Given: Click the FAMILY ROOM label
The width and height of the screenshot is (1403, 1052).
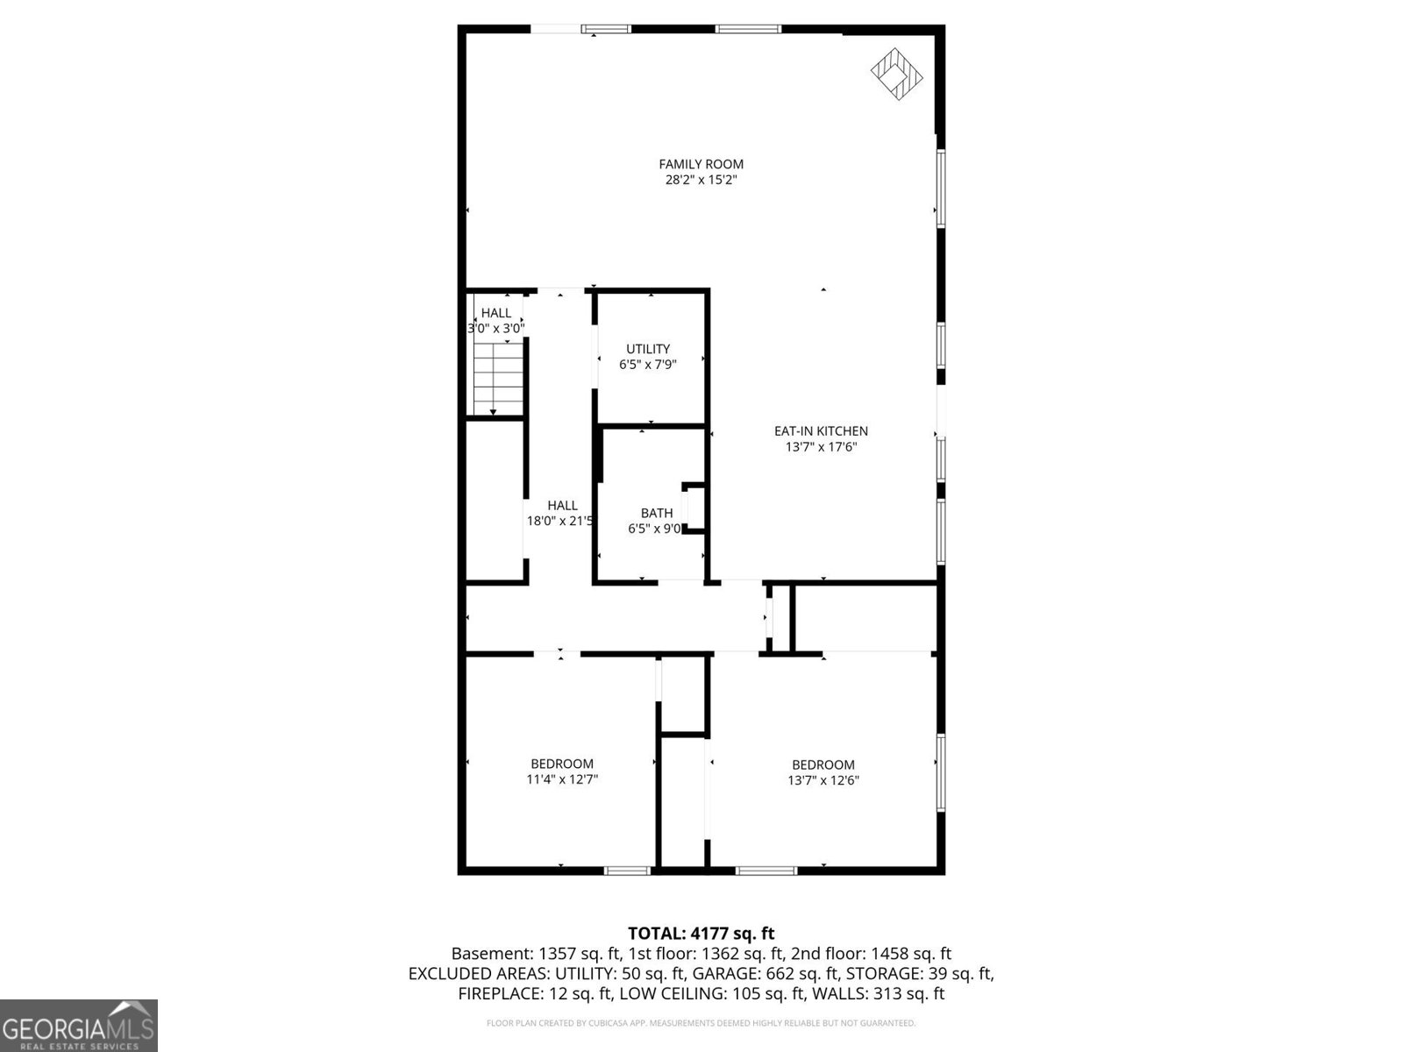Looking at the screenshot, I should (701, 164).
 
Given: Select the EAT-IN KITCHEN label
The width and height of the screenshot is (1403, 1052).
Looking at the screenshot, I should (820, 430).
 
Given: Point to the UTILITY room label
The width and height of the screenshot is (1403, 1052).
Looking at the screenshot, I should (648, 349).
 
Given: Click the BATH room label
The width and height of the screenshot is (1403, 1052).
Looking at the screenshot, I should (656, 513).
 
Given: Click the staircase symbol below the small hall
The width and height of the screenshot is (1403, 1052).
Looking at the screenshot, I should (498, 379).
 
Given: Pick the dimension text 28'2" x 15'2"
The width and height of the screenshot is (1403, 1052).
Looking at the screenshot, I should (701, 181).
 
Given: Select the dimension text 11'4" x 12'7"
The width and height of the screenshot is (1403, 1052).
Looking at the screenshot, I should (561, 779).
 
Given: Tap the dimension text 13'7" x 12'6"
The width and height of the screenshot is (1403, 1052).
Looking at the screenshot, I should (823, 780).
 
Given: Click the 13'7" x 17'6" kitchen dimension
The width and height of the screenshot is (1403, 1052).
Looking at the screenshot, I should (820, 447).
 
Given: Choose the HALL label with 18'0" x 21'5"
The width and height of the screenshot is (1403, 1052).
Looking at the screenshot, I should (562, 505).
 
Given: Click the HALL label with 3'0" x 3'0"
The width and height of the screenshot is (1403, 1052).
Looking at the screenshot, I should (495, 313).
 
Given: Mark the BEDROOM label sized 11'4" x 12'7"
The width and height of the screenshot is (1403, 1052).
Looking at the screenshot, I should (561, 764).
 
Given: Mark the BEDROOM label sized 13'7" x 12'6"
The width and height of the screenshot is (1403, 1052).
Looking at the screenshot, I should (823, 764).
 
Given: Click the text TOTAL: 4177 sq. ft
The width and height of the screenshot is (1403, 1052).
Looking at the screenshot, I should (701, 934).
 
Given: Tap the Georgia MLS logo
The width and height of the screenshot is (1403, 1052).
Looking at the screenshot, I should (78, 1026).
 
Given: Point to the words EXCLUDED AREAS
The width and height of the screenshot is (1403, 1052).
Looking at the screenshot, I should (467, 974).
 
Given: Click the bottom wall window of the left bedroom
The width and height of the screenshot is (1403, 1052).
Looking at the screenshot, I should (627, 871).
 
